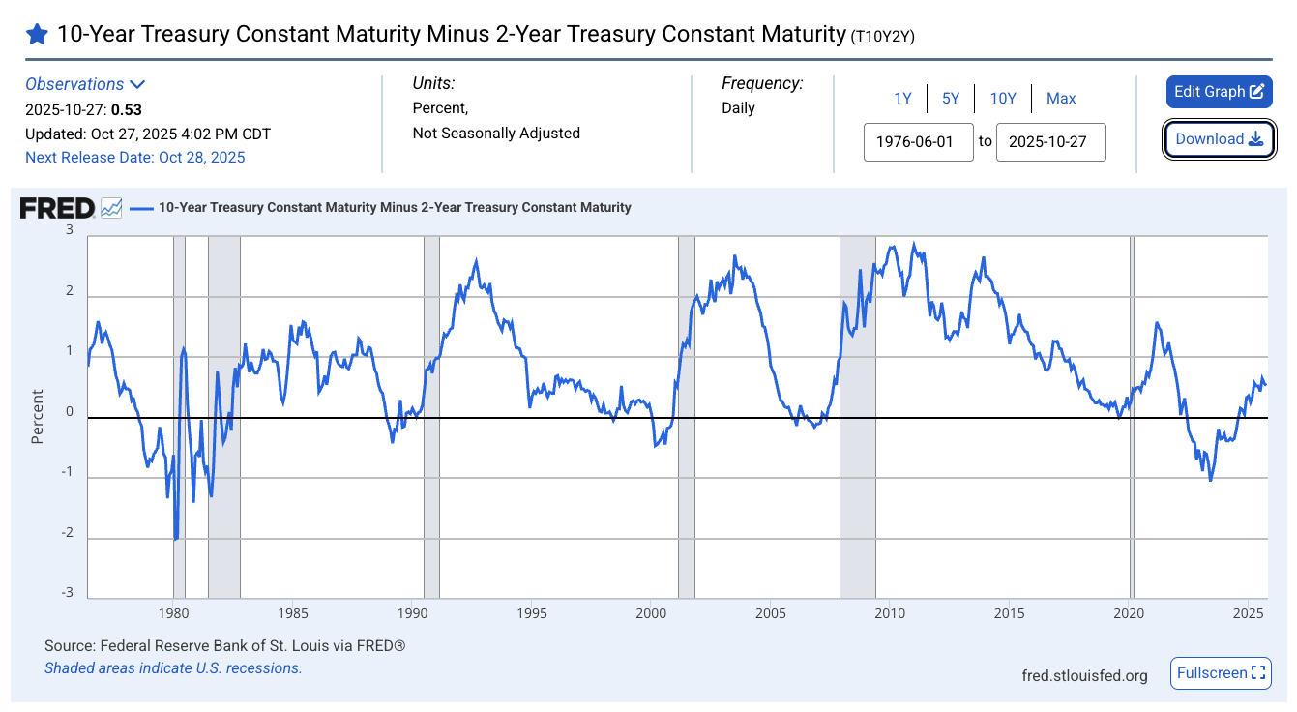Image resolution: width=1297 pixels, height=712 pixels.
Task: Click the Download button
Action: click(1219, 139)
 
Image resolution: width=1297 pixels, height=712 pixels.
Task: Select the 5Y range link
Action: click(951, 98)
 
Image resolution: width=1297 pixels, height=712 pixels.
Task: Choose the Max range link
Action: click(1061, 98)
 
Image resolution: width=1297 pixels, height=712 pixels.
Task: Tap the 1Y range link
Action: click(902, 98)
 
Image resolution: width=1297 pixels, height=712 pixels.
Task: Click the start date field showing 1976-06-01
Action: click(918, 141)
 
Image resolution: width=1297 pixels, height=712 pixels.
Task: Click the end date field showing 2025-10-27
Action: click(1050, 141)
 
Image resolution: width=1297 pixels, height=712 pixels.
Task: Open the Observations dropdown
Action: click(85, 84)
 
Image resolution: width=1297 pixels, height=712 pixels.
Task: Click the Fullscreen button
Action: click(1221, 673)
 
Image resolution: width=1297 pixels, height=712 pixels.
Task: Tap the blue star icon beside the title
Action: click(37, 35)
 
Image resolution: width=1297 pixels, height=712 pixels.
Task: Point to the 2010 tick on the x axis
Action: click(890, 613)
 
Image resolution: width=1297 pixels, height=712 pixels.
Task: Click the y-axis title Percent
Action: click(38, 416)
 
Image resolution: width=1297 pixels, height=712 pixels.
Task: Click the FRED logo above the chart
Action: click(57, 207)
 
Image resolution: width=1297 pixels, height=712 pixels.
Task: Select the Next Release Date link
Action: click(135, 157)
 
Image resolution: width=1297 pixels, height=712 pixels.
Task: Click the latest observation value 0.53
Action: click(127, 109)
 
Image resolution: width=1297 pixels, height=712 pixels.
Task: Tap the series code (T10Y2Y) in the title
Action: click(882, 37)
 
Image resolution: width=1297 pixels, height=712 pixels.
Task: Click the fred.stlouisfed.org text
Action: click(1084, 675)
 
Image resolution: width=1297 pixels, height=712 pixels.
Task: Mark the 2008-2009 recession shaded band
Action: click(857, 416)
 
